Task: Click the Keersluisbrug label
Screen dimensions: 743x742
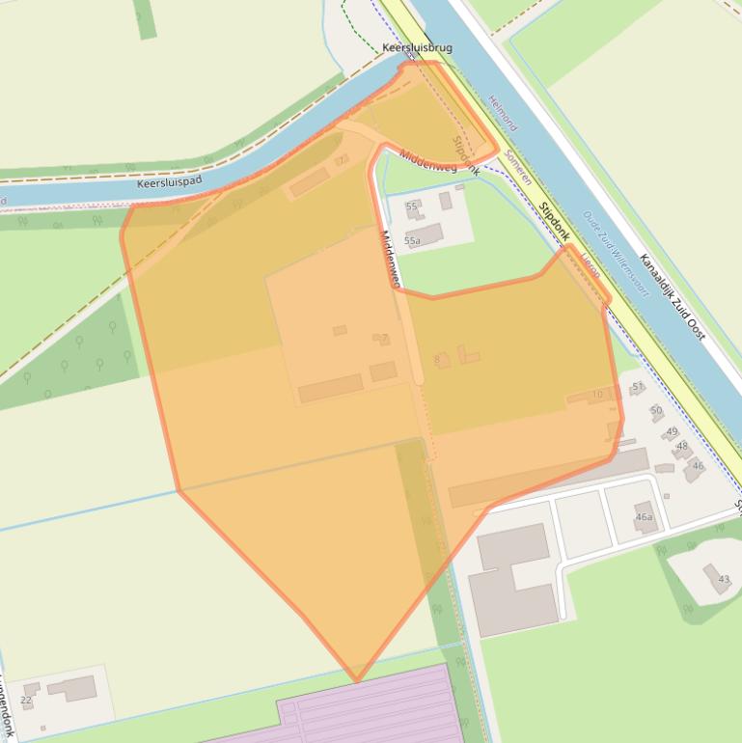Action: [417, 47]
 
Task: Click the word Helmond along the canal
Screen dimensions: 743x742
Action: [504, 113]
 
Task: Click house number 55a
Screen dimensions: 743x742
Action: [412, 240]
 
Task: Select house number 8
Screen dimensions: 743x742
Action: [437, 360]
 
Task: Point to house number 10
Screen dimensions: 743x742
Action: [597, 394]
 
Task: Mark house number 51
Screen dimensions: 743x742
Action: [637, 387]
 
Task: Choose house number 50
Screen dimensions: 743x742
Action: [656, 410]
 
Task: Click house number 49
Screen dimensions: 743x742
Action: [672, 431]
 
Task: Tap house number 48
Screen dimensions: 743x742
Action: [682, 446]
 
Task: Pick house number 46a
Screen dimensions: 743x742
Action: [645, 517]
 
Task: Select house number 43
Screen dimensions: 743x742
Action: [723, 578]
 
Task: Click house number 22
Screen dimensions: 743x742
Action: [26, 700]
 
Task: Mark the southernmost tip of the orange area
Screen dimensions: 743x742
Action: [357, 681]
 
